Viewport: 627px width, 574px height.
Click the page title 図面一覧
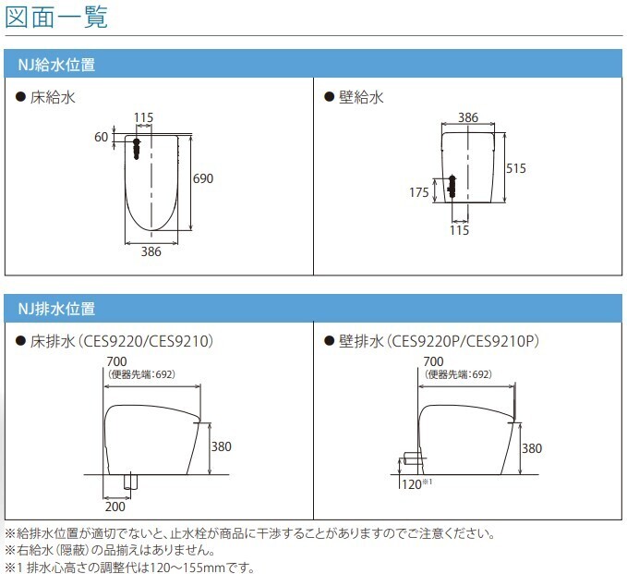(x=55, y=16)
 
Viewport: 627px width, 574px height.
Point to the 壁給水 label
(x=356, y=96)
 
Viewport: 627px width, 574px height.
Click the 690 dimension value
(x=202, y=178)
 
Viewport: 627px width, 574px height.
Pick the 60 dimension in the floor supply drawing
(x=102, y=137)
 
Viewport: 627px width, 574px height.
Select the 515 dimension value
(x=516, y=168)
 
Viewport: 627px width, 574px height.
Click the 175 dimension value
(x=418, y=192)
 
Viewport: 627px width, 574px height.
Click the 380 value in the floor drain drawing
(x=222, y=446)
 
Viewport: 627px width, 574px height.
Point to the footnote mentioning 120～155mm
(x=129, y=567)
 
